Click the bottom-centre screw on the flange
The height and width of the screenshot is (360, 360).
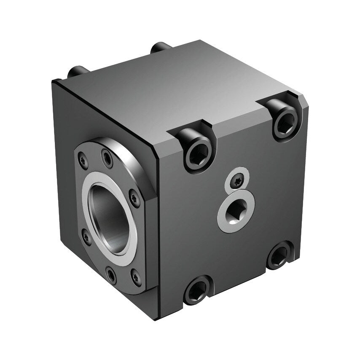110,274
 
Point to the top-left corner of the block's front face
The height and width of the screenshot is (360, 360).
54,81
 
